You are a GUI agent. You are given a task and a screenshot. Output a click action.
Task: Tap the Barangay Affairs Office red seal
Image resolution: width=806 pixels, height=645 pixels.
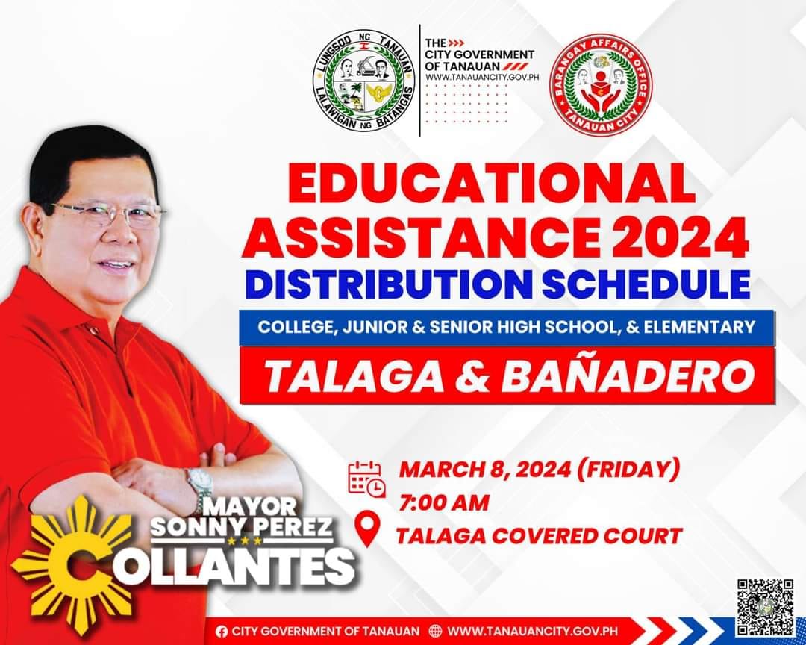[x=600, y=85]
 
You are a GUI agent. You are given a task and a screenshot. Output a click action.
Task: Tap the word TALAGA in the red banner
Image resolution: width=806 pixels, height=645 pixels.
[x=354, y=376]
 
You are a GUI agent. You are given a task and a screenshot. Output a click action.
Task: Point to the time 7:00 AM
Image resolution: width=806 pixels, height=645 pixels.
[x=443, y=503]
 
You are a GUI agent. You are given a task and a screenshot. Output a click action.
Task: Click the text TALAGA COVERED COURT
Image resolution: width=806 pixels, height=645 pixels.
[x=539, y=536]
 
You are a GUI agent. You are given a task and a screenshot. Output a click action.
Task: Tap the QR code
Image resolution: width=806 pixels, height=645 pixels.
[x=766, y=608]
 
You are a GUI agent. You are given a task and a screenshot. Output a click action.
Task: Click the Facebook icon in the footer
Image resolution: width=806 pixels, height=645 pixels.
[x=222, y=631]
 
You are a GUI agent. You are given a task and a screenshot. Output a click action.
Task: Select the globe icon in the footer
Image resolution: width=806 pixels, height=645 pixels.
[x=435, y=631]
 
